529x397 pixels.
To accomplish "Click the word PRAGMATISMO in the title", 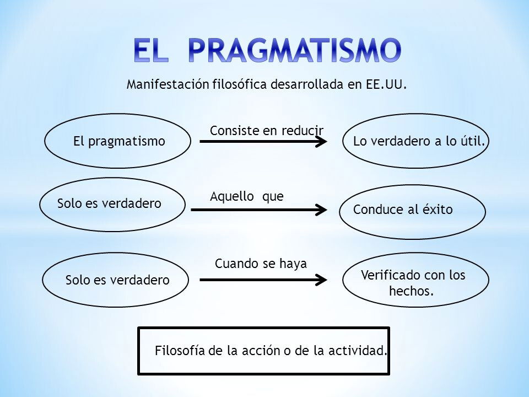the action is coord(294,50).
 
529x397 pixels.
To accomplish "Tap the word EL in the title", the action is coord(151,50).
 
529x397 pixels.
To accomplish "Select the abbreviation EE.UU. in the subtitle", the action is coord(386,84).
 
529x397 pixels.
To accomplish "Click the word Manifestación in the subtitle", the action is coord(168,84).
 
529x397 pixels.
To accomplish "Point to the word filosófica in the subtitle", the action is coord(240,84).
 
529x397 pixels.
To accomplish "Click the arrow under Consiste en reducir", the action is coord(263,142).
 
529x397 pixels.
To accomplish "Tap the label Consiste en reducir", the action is coord(267,131).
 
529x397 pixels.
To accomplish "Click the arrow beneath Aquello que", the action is coord(259,210).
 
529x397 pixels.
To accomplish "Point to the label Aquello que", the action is coord(247,196).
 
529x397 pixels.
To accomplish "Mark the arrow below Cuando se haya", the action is coord(263,280).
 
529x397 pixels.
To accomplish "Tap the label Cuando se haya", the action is coord(261,264).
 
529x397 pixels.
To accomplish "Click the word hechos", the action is coord(411,291).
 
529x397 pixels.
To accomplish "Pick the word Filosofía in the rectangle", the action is coord(180,351).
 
